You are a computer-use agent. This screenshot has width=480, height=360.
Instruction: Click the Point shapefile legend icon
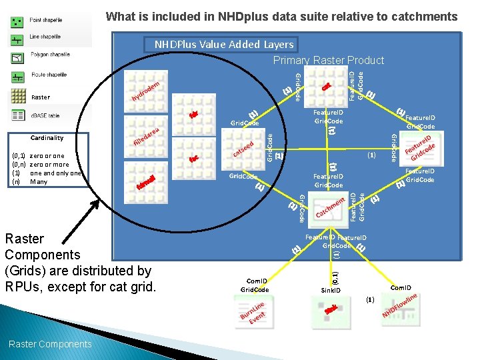[17, 22]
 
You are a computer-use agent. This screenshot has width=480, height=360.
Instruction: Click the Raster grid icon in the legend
[17, 97]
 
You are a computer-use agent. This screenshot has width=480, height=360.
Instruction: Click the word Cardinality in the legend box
[47, 138]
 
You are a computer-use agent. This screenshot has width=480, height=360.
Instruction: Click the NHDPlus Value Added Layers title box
[224, 45]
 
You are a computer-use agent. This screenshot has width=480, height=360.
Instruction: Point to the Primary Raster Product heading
[329, 61]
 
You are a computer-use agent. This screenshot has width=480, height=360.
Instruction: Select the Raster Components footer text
[50, 344]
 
